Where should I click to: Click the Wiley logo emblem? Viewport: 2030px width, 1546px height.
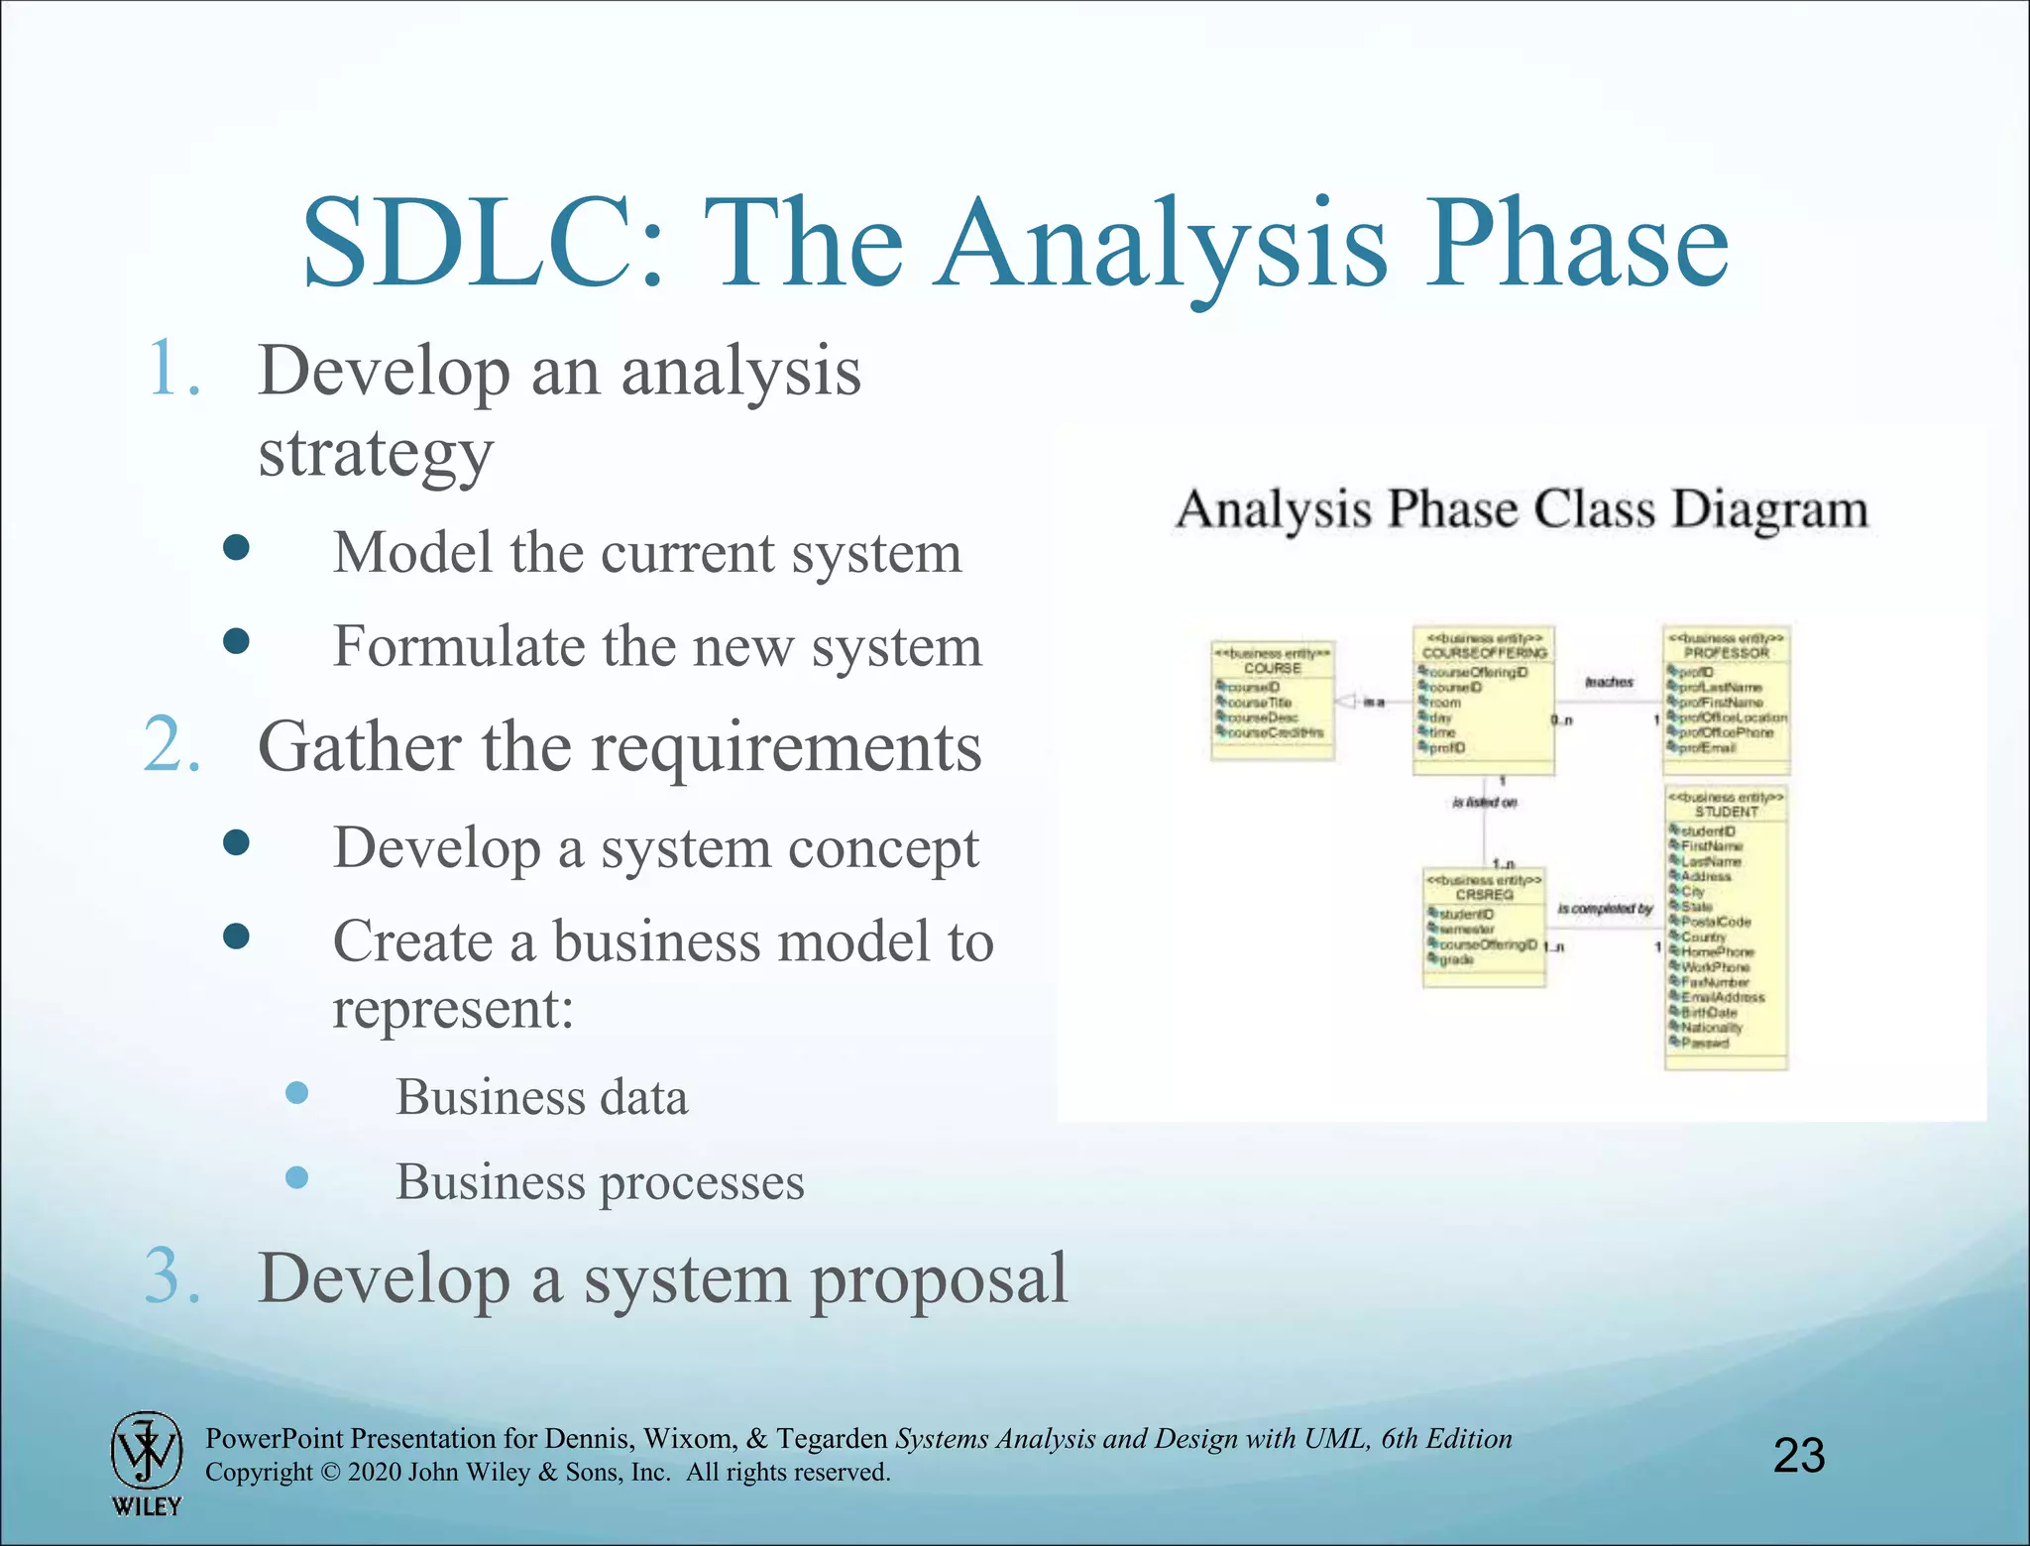(146, 1451)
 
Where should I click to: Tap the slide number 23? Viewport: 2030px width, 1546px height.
(1798, 1456)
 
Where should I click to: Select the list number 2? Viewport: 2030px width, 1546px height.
(173, 745)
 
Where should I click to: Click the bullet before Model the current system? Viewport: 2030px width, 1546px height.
(236, 548)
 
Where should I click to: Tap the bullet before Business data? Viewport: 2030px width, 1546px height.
(296, 1093)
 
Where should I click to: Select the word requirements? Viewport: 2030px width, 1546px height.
(787, 748)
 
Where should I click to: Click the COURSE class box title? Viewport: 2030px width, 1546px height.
(1273, 669)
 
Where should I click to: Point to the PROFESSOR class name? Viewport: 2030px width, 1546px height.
(1726, 654)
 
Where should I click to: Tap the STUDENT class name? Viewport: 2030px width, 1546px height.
(1726, 812)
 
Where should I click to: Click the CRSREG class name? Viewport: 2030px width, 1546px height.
(1484, 895)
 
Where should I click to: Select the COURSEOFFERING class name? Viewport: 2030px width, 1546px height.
(1484, 654)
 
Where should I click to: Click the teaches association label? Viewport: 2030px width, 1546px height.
(1608, 682)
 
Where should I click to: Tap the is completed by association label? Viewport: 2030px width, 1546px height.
(1605, 909)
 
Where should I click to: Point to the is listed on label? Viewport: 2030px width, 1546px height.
(1484, 803)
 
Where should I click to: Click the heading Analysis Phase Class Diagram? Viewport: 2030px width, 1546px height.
(1522, 510)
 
